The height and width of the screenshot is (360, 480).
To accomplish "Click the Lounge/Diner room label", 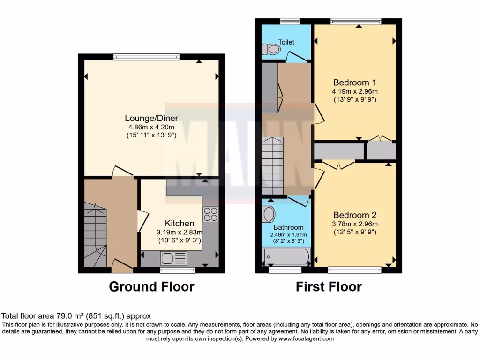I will click(151, 118).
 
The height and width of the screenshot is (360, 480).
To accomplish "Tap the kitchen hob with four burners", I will click(210, 214).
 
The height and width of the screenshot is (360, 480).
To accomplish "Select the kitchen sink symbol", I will click(173, 258).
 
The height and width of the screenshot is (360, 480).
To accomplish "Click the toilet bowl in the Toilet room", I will click(270, 49).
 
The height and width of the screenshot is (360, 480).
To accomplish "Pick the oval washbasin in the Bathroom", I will click(269, 215).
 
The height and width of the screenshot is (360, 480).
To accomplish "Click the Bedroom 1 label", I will click(355, 81).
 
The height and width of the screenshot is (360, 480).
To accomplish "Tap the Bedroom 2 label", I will click(355, 215).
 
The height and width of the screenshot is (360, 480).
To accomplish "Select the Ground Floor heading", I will click(151, 286).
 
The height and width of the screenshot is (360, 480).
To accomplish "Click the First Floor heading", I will click(329, 286).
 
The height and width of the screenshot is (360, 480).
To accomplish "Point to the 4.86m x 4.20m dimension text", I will click(150, 127).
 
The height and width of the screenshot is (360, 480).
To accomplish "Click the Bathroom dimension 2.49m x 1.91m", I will click(289, 235).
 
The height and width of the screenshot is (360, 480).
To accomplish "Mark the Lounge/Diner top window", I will click(146, 57).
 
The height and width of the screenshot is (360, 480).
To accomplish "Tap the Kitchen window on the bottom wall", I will click(178, 270).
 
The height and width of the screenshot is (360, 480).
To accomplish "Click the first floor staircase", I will click(272, 166).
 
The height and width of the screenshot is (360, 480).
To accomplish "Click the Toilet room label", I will click(286, 42).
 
